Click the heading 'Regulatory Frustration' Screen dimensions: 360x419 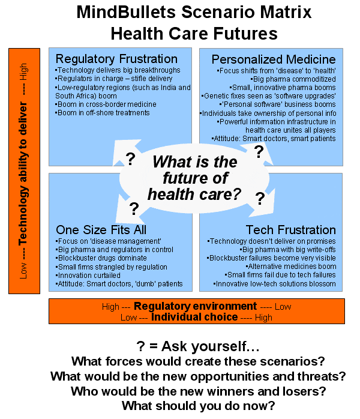pos(116,59)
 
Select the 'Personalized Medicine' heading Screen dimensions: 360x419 pos(274,59)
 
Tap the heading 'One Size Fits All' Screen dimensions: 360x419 pos(101,230)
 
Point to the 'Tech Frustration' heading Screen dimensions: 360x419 pos(290,230)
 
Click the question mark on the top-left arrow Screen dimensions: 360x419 pos(130,159)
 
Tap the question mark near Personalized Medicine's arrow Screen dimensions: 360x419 pos(259,152)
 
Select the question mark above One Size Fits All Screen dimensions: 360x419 pos(134,209)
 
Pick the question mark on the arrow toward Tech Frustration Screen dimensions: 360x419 pos(260,199)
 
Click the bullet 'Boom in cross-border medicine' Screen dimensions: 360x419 pos(106,104)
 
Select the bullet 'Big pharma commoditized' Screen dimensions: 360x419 pos(293,79)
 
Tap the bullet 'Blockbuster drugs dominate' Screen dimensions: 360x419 pos(101,258)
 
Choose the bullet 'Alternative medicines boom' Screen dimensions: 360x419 pos(291,267)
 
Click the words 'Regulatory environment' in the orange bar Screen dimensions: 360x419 pos(195,306)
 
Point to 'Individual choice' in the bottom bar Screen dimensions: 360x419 pos(194,317)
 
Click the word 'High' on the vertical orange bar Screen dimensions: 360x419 pos(23,71)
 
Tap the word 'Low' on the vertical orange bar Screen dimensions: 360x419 pos(23,271)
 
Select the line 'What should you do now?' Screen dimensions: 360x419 pos(199,406)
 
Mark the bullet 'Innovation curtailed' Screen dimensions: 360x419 pos(88,276)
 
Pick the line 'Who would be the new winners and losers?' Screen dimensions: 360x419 pos(199,391)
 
